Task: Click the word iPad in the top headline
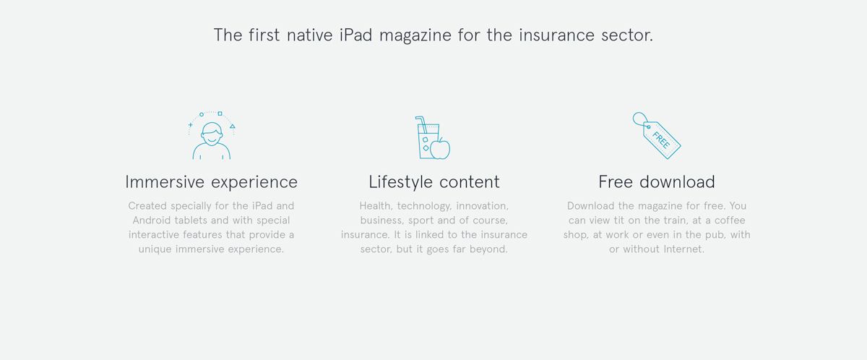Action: pos(355,35)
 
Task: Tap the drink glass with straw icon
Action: pos(426,137)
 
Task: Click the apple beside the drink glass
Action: pos(441,149)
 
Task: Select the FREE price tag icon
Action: pos(657,135)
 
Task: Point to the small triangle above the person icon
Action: pos(232,126)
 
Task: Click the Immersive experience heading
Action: pos(211,182)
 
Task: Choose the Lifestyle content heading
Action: pos(434,182)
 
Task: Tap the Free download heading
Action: pos(657,182)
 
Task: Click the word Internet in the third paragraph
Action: pos(684,249)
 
